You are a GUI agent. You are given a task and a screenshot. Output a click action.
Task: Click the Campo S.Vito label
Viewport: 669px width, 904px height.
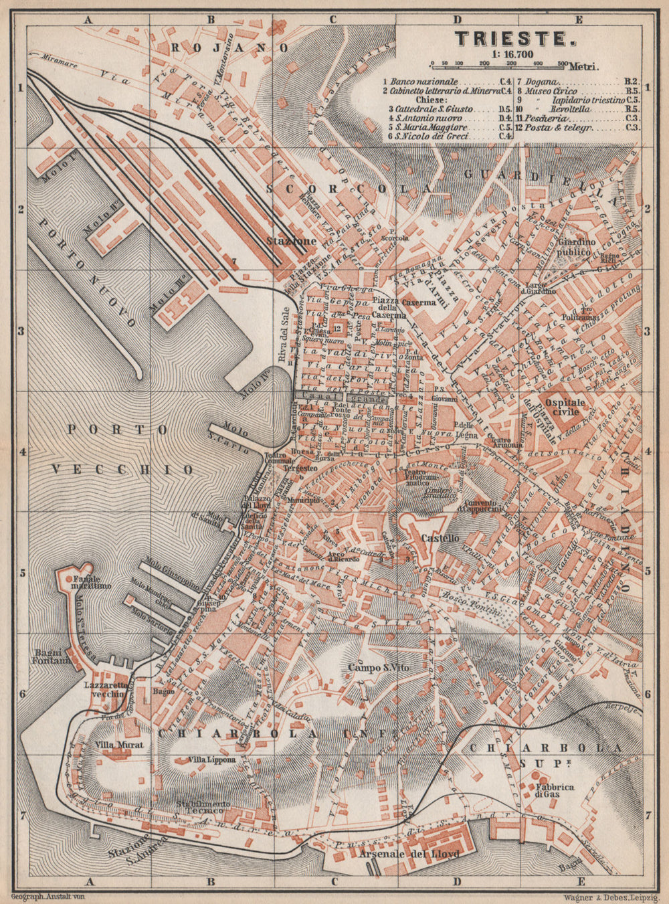tap(377, 667)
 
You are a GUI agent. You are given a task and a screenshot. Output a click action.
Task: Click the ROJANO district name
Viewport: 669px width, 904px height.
tap(229, 47)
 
